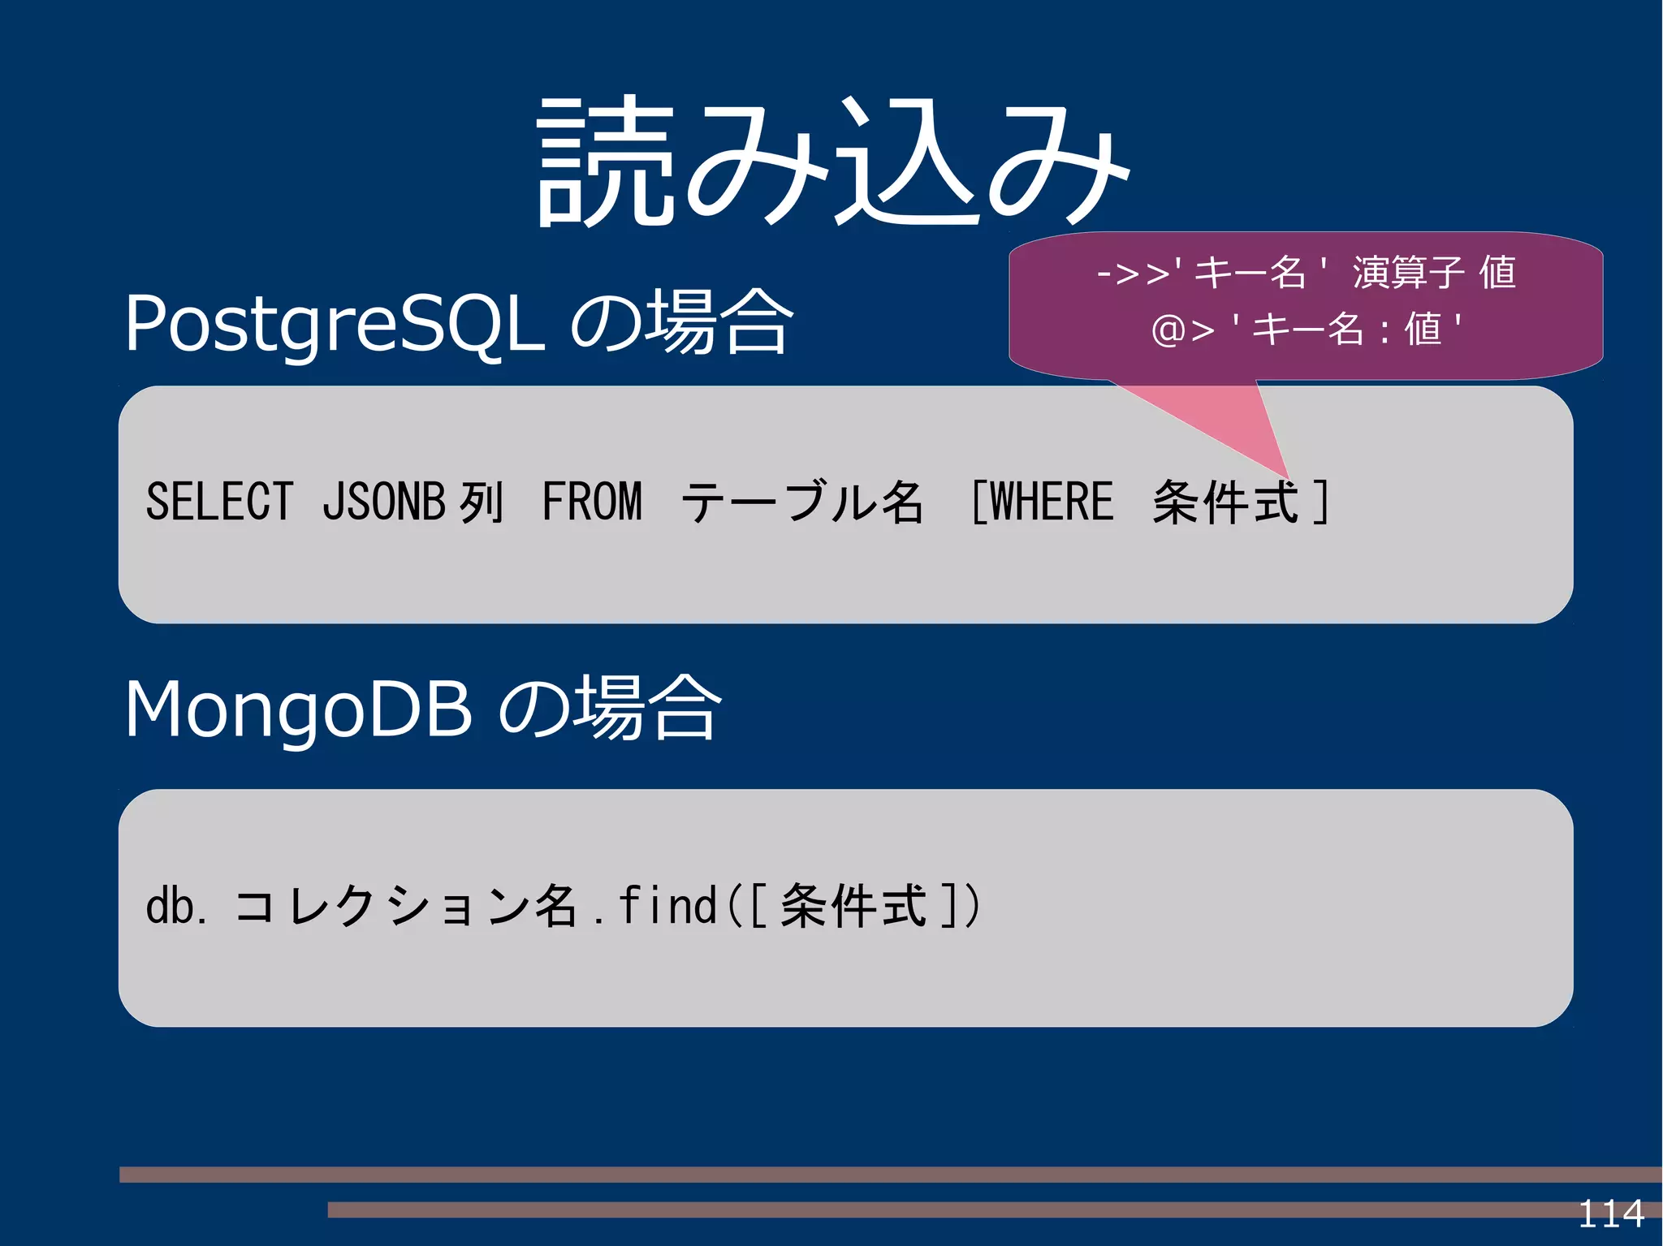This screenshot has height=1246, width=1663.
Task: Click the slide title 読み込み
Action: (x=832, y=162)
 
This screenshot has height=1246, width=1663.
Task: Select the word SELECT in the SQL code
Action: (x=219, y=501)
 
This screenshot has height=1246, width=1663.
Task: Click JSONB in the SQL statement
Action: (x=383, y=501)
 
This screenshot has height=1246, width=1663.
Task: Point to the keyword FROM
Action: (x=592, y=501)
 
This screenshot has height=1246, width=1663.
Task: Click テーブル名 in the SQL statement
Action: (x=802, y=501)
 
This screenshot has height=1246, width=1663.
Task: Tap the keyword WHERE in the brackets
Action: (x=1051, y=501)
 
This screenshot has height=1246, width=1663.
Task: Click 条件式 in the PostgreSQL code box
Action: (x=1226, y=502)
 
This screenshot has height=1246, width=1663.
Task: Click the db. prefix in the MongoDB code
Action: (x=175, y=906)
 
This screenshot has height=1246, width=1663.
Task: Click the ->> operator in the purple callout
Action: (x=1134, y=273)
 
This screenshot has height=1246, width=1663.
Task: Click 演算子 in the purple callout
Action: (x=1409, y=273)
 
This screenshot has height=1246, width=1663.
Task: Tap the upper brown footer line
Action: (x=812, y=1174)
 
